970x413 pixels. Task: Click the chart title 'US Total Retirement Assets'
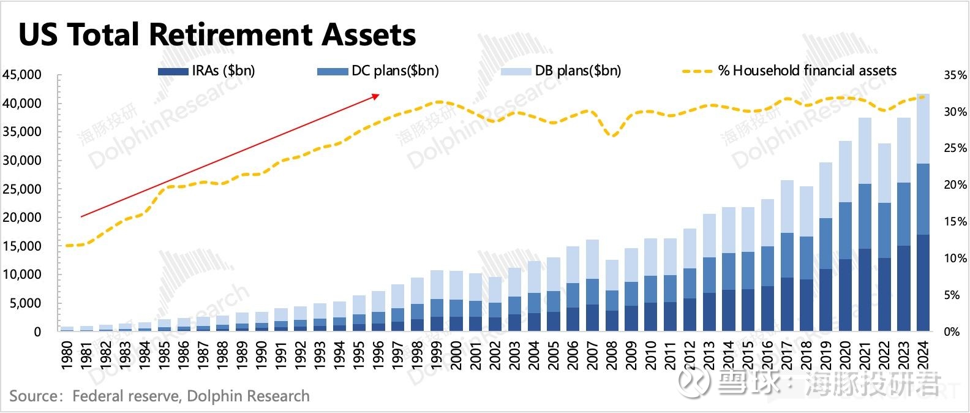tap(217, 35)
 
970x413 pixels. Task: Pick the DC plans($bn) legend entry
tap(378, 70)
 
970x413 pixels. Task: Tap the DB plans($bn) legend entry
tap(561, 70)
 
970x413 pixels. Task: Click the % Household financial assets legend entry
tap(790, 70)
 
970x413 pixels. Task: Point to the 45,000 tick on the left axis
tap(22, 75)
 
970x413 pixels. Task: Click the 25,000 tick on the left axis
tap(22, 189)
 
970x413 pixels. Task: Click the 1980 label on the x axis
tap(67, 355)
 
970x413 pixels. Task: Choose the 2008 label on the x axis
tap(611, 355)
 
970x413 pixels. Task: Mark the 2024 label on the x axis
tap(923, 355)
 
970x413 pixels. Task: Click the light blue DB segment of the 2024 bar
tap(923, 129)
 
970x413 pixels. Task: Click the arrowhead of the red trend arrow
tap(377, 95)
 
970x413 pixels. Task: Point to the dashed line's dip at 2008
tap(612, 135)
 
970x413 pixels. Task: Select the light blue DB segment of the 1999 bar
tap(437, 284)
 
